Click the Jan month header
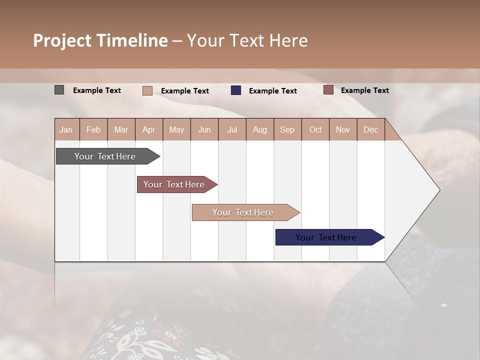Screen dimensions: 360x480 pyautogui.click(x=66, y=129)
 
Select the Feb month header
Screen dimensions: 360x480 pyautogui.click(x=93, y=129)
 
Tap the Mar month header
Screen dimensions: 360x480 pyautogui.click(x=121, y=129)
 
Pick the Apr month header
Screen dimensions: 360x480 pyautogui.click(x=149, y=129)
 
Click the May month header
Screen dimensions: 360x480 pyautogui.click(x=176, y=129)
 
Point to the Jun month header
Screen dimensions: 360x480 pyautogui.click(x=204, y=129)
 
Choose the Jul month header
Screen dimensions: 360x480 pyautogui.click(x=232, y=129)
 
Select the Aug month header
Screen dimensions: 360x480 pyautogui.click(x=260, y=129)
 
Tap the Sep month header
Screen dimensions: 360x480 pyautogui.click(x=287, y=129)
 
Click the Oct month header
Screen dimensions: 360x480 pyautogui.click(x=315, y=129)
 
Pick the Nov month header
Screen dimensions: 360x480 pyautogui.click(x=343, y=129)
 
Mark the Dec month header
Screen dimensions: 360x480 pyautogui.click(x=371, y=129)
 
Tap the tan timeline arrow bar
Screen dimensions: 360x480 pyautogui.click(x=243, y=212)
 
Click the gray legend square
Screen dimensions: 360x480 pyautogui.click(x=59, y=90)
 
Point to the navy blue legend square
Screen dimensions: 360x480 pyautogui.click(x=236, y=90)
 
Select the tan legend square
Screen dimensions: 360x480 pyautogui.click(x=147, y=90)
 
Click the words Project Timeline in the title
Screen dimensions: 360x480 pyautogui.click(x=100, y=40)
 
